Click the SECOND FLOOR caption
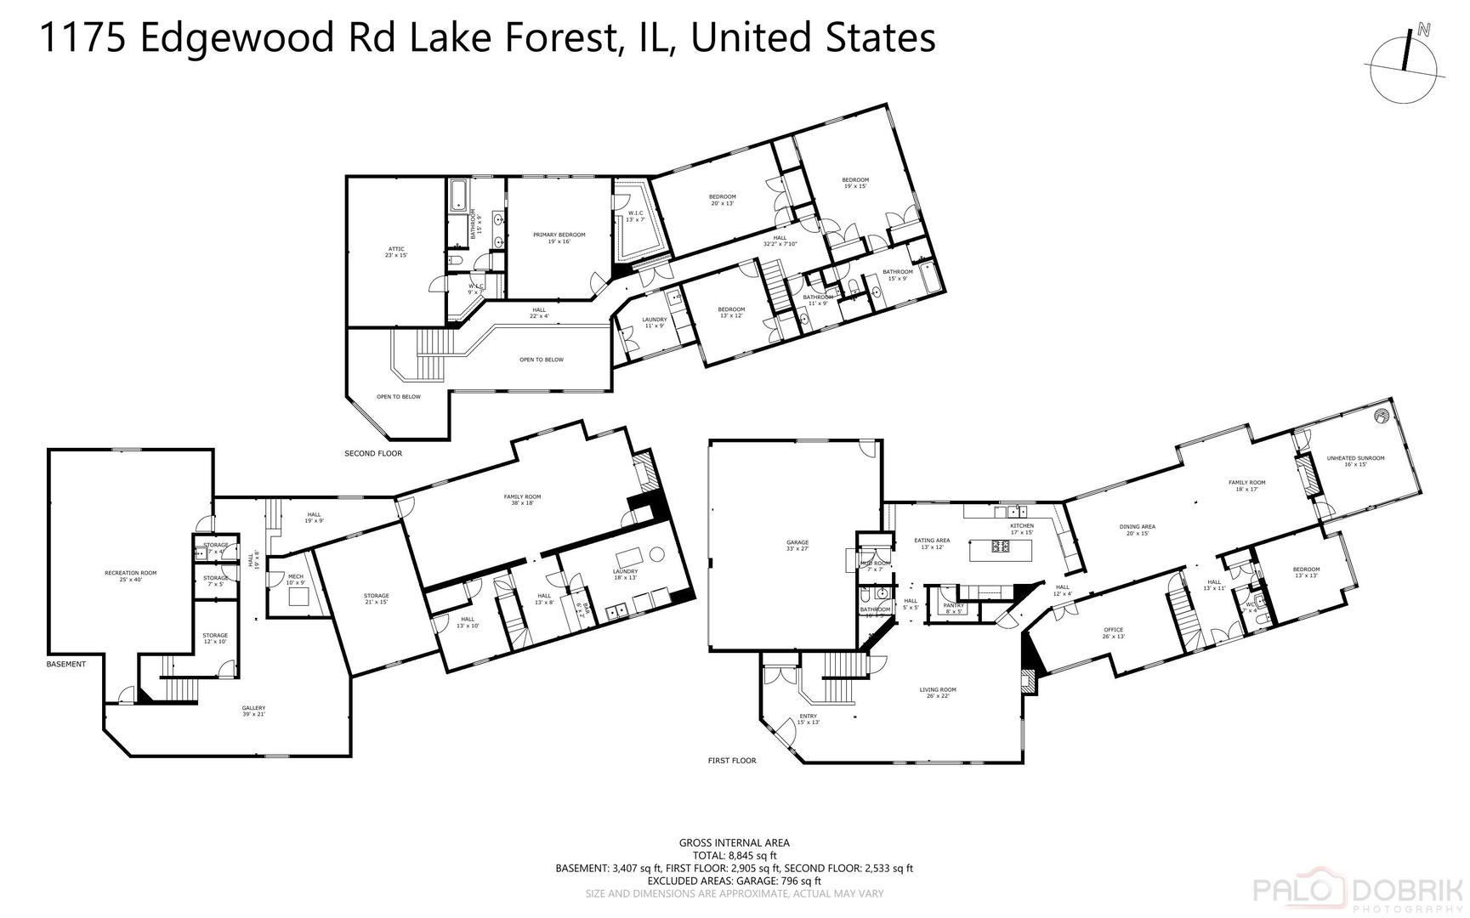click(372, 453)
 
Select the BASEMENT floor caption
click(65, 664)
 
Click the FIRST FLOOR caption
click(731, 761)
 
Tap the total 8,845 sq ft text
click(734, 856)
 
